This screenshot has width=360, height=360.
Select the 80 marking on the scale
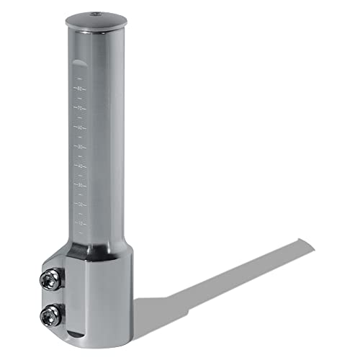coord(82,89)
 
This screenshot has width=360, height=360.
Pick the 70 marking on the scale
coord(82,109)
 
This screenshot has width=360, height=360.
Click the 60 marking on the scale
coord(82,128)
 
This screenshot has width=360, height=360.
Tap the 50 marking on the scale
coord(82,147)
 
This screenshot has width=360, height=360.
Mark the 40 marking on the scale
coord(82,166)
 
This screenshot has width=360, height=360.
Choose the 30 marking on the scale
coord(82,185)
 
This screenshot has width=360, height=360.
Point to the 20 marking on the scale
coord(82,204)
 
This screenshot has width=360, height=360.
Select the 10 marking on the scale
coord(82,223)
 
